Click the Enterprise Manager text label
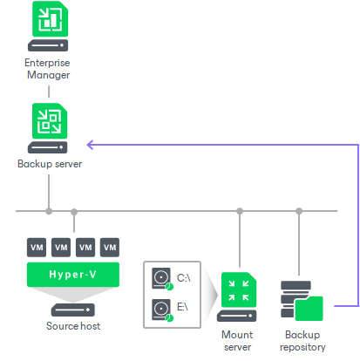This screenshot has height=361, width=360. click(48, 69)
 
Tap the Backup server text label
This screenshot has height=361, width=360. click(49, 163)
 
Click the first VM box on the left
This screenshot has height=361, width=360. click(37, 247)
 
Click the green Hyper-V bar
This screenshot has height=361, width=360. click(73, 275)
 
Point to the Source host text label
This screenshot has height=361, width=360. click(73, 325)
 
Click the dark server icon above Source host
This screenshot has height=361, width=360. click(73, 308)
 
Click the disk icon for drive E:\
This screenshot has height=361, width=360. click(162, 309)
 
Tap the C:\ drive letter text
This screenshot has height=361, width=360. click(184, 277)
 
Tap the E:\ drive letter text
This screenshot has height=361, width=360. click(184, 307)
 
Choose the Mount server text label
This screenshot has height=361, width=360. click(238, 340)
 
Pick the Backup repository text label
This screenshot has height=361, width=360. click(302, 340)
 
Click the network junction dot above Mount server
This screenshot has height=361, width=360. click(238, 210)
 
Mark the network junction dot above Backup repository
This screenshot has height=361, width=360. click(299, 210)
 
